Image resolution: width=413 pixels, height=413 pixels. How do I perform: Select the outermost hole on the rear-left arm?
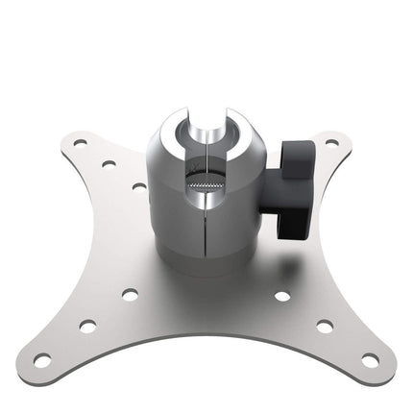pos(80,143)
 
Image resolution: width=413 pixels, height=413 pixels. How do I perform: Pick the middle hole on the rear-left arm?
pos(108,163)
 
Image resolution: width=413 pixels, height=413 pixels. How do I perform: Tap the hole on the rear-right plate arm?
pos(331,143)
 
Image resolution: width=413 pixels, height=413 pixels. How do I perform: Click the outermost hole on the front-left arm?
pos(43,360)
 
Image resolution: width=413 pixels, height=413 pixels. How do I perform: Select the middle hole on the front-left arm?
pos(87,326)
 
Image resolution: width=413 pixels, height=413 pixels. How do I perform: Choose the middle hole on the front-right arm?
pos(325,326)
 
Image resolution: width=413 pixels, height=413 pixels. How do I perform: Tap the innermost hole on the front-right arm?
pos(282,295)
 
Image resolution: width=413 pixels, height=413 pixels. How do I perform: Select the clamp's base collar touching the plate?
pos(206,270)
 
